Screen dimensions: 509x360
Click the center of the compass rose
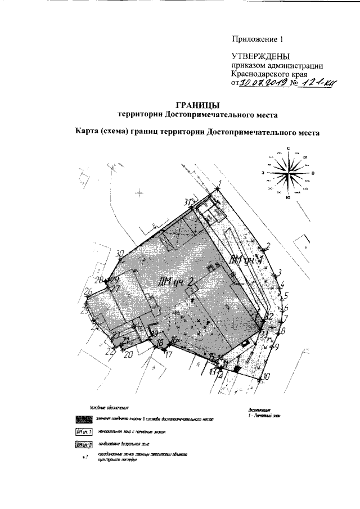point(287,173)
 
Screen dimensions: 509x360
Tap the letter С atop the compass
point(287,148)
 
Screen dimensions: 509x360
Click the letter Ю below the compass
point(287,197)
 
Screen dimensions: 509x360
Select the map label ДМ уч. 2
point(177,282)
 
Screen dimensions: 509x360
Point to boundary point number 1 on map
point(220,184)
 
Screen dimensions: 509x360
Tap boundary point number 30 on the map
point(119,253)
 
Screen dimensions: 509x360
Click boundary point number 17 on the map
point(168,354)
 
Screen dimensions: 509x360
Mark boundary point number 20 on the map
point(128,354)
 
